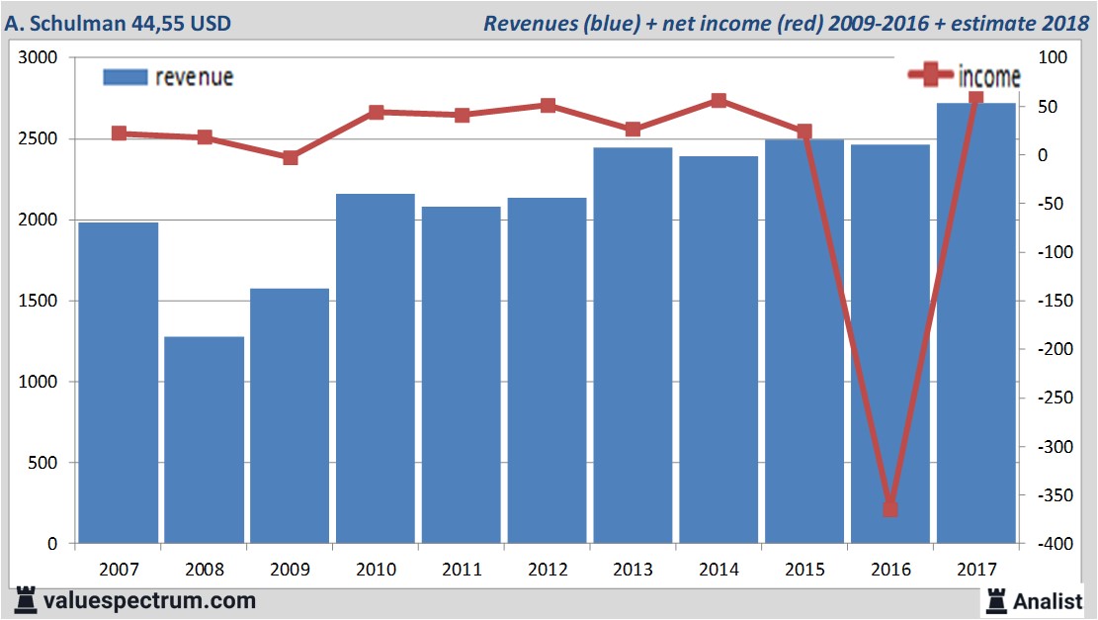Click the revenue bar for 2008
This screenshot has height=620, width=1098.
204,440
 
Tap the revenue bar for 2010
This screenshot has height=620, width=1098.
376,369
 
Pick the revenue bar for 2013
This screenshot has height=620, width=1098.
633,345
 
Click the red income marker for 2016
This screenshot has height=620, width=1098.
889,508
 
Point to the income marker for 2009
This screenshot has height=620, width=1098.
290,157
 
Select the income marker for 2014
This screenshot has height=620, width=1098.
718,100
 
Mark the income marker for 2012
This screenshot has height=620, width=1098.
548,105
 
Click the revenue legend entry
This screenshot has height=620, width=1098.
169,77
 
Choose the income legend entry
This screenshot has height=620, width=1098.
965,75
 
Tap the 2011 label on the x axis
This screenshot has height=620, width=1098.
462,570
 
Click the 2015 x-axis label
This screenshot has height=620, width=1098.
804,570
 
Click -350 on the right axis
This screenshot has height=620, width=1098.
1052,495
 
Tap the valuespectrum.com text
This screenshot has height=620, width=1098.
148,600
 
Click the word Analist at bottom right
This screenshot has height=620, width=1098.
1049,600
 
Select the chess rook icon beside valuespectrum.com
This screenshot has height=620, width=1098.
24,600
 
